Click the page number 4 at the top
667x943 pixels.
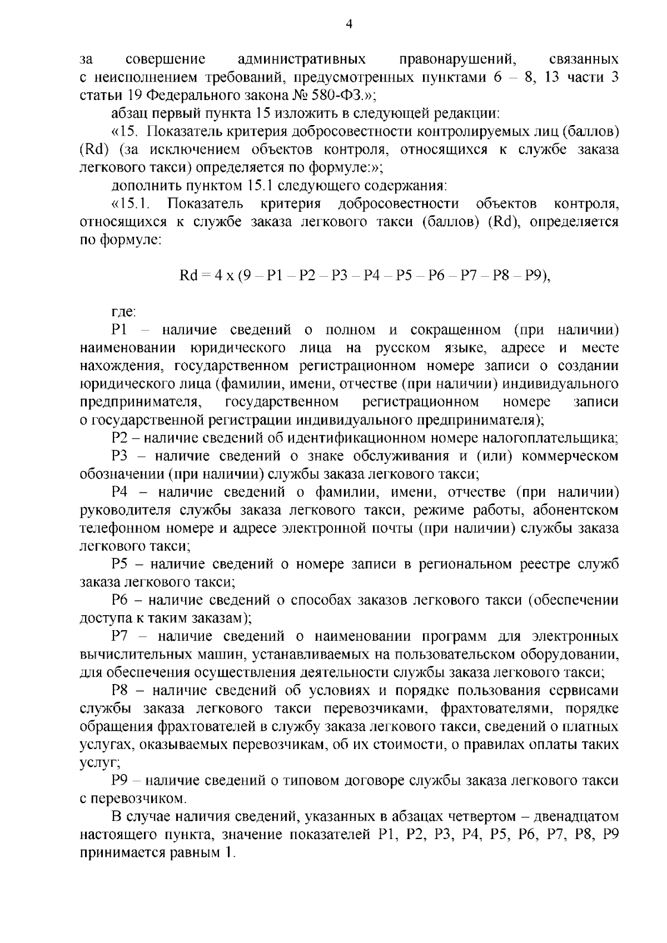point(349,24)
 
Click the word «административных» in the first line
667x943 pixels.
point(301,59)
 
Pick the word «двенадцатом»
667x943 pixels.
point(577,817)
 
